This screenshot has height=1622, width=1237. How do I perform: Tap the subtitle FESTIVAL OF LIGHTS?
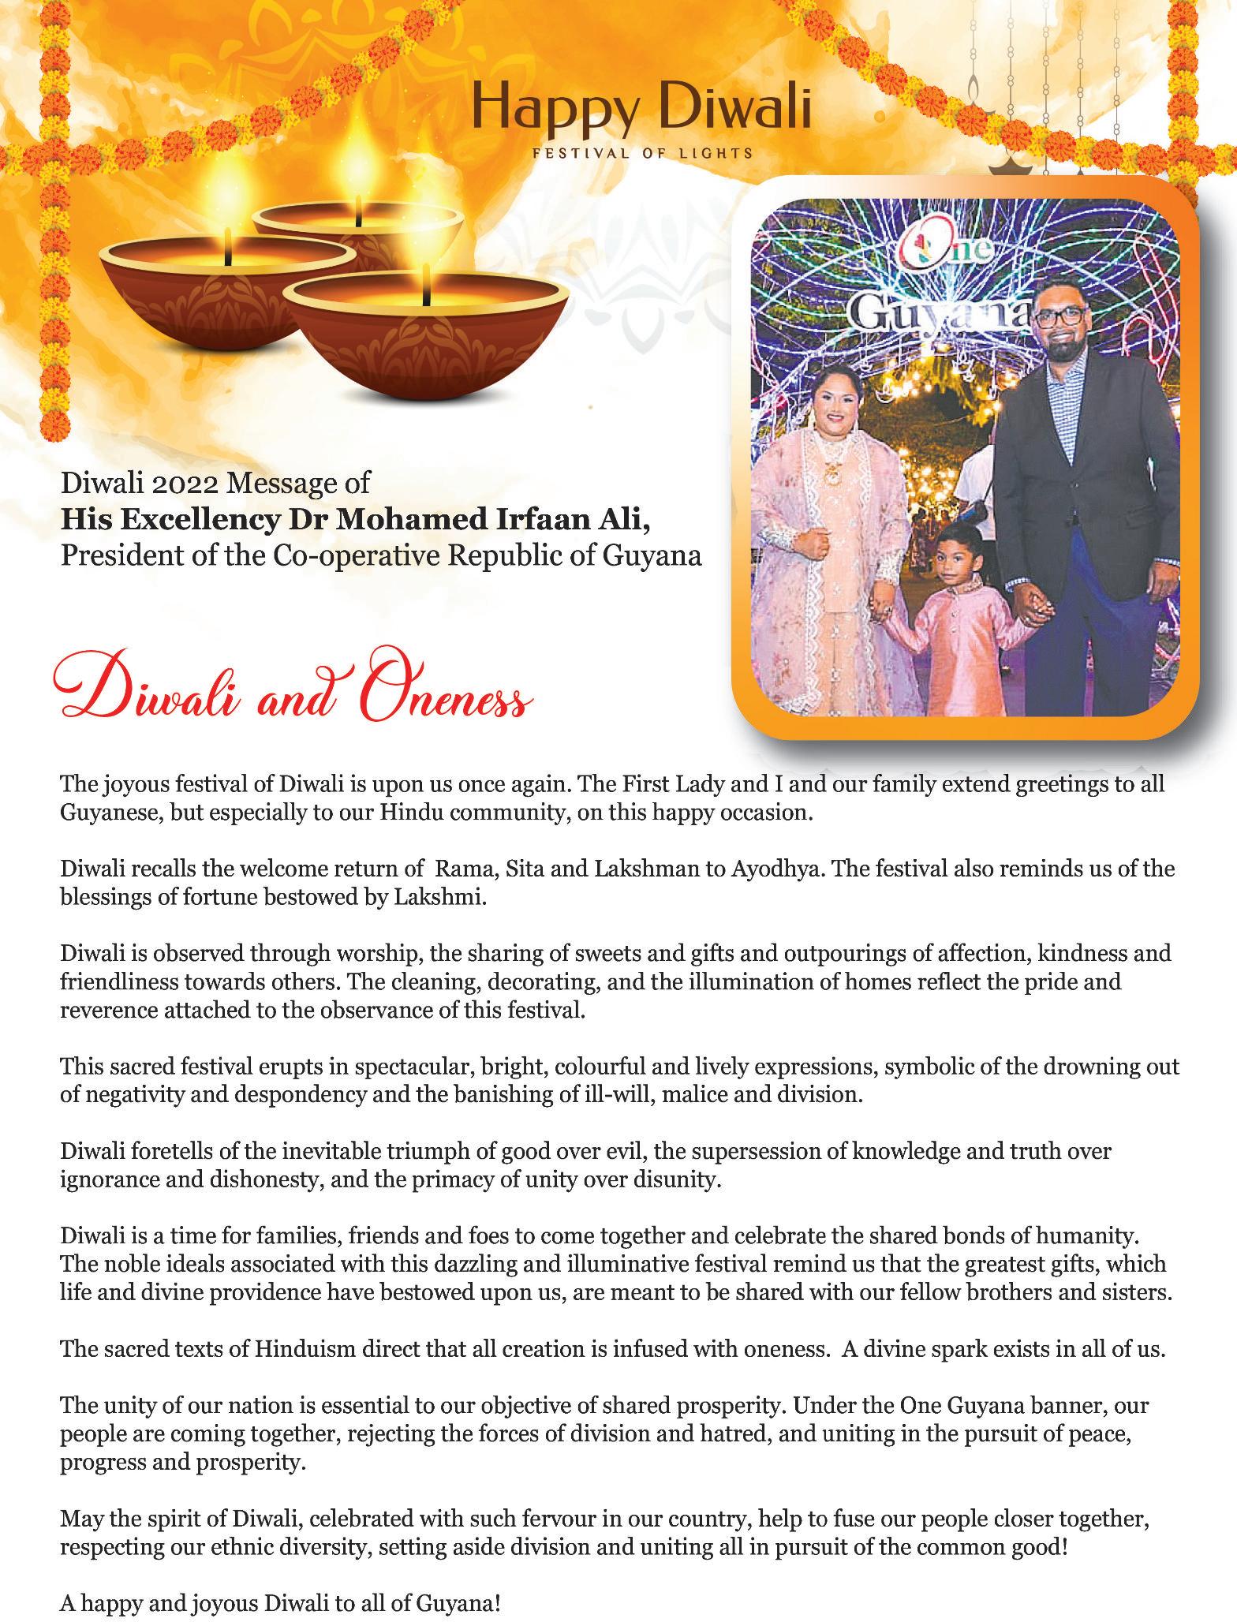[x=642, y=152]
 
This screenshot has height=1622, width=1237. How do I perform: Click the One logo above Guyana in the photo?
[x=946, y=255]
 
